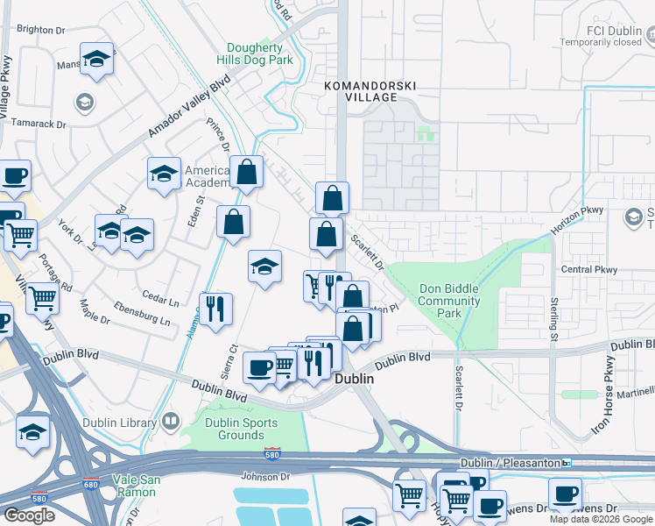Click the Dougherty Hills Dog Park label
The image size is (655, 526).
(x=259, y=54)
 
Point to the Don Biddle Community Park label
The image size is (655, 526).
(x=449, y=301)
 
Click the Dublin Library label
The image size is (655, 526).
(x=118, y=422)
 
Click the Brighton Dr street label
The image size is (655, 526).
(x=41, y=29)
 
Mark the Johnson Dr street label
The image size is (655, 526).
(x=265, y=477)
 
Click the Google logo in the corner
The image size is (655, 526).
(x=29, y=515)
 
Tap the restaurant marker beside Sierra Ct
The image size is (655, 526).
(x=215, y=309)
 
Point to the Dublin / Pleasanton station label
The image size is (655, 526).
(x=511, y=462)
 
